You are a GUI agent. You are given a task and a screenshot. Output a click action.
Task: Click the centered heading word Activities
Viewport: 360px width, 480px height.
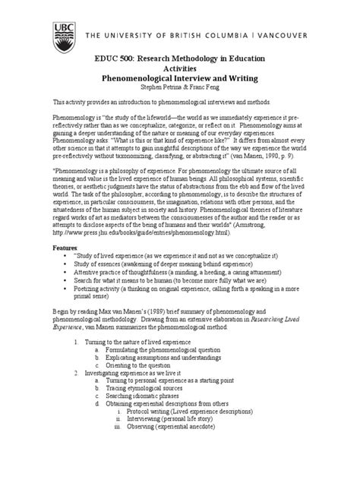(179, 68)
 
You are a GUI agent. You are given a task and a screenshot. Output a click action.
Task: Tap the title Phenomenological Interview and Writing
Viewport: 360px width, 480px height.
(179, 78)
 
